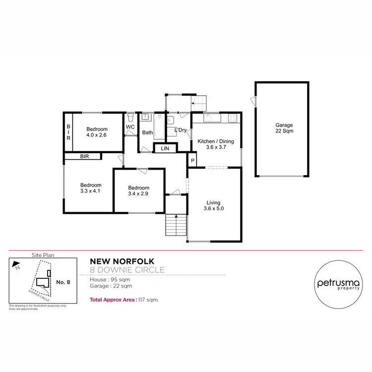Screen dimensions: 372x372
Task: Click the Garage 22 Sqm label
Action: point(284,128)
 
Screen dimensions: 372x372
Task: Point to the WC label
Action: point(130,127)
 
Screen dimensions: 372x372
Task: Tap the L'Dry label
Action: point(180,130)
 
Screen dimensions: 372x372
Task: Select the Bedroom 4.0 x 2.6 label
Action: point(97,131)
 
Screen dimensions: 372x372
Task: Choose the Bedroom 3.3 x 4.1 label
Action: point(91,188)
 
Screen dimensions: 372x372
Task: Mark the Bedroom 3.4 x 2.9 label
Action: point(138,190)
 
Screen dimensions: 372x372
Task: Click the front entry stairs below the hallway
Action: point(176,225)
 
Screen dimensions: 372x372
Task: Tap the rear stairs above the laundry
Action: point(198,104)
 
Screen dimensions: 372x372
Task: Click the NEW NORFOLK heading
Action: point(122,261)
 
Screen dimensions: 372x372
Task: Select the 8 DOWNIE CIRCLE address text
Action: point(127,270)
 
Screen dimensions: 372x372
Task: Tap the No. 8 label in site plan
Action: point(63,282)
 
